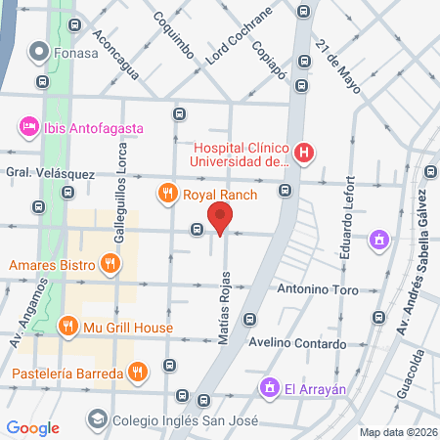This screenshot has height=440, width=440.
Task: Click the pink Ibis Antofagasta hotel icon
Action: (28, 127)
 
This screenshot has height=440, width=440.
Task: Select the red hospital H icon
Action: (305, 153)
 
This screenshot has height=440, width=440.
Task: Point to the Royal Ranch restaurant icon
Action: (168, 194)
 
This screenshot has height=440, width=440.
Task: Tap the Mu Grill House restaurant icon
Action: (67, 327)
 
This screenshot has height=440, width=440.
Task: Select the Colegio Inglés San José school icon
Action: (97, 418)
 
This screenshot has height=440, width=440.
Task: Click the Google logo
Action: (32, 427)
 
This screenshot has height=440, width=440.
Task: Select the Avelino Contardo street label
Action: (310, 344)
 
